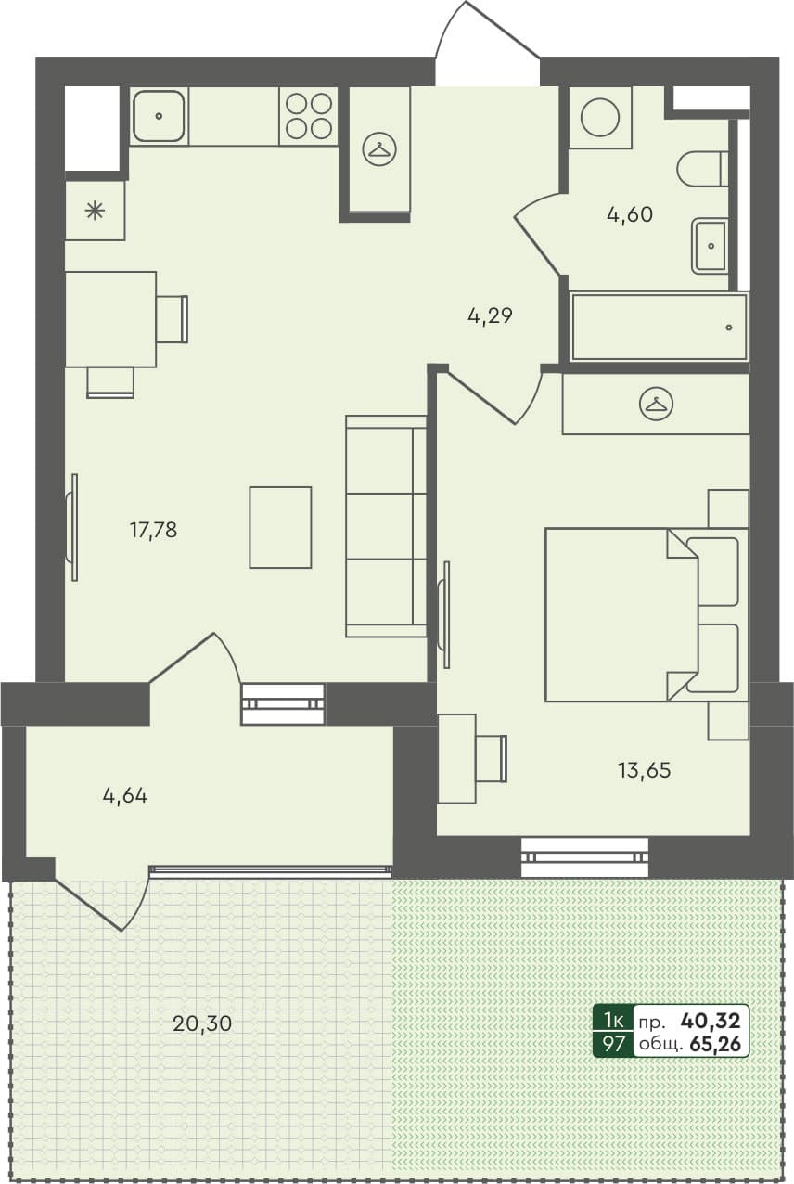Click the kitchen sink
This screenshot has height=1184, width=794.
pyautogui.click(x=159, y=116)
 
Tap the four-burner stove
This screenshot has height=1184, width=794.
pyautogui.click(x=309, y=116)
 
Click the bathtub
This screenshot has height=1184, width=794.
pyautogui.click(x=659, y=327)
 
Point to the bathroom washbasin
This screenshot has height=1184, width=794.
pyautogui.click(x=710, y=246)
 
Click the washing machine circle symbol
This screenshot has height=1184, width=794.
pyautogui.click(x=599, y=117)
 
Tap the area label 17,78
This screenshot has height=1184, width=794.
pyautogui.click(x=153, y=531)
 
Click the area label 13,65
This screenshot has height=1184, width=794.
pyautogui.click(x=644, y=769)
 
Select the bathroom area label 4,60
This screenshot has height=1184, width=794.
pyautogui.click(x=630, y=215)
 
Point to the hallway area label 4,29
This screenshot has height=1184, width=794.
pyautogui.click(x=490, y=316)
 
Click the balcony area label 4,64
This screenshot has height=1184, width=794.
pyautogui.click(x=125, y=795)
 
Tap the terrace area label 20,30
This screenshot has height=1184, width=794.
pyautogui.click(x=201, y=1023)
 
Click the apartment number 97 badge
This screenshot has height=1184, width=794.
pyautogui.click(x=613, y=1044)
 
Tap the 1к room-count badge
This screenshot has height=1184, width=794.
pyautogui.click(x=613, y=1021)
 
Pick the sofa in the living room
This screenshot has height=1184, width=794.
pyautogui.click(x=386, y=526)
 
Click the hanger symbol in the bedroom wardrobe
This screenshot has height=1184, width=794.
pyautogui.click(x=657, y=404)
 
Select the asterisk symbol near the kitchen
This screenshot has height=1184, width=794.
pyautogui.click(x=95, y=211)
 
